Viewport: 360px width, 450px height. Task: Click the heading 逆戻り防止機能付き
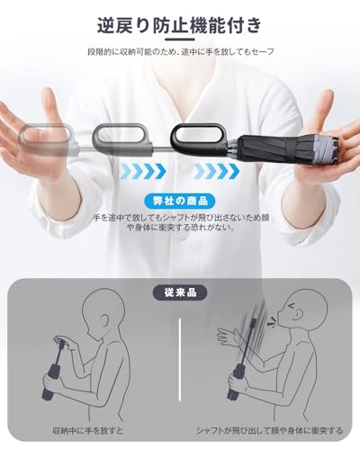179,25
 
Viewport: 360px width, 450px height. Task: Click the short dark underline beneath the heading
180,39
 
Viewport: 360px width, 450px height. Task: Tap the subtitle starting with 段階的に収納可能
181,52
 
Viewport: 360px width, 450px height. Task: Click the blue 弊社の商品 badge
180,201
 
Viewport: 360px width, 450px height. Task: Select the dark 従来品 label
180,292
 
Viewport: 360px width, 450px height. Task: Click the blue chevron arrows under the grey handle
143,171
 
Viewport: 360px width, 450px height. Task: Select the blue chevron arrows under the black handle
217,171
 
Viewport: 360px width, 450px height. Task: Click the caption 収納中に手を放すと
87,430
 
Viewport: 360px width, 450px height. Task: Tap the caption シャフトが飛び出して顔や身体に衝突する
269,430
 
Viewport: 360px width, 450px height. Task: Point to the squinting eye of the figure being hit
292,307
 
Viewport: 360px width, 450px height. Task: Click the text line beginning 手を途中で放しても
182,218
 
